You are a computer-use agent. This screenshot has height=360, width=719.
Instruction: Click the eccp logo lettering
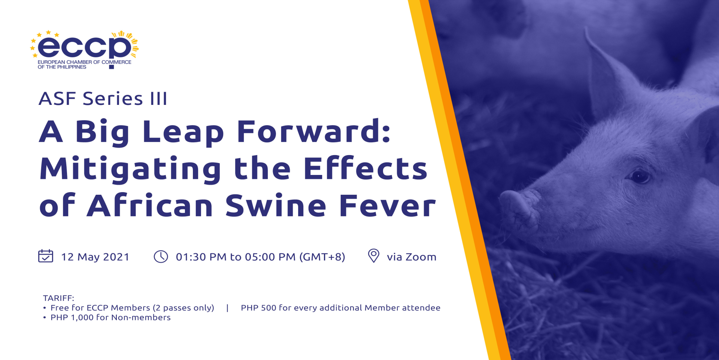(84, 47)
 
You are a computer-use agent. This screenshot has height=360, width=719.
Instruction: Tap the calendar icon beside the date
(46, 256)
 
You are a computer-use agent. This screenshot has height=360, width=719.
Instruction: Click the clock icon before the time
(161, 257)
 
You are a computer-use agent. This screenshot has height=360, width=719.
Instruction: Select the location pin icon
(373, 256)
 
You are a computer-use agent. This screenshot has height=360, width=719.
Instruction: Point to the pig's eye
(640, 176)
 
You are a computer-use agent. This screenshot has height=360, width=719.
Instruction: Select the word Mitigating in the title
(131, 169)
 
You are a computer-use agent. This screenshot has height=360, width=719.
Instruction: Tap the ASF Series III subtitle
(103, 99)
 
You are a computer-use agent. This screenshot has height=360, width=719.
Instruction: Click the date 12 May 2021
(95, 257)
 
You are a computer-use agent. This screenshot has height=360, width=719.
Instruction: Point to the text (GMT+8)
(322, 257)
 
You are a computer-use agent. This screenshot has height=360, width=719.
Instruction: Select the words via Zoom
(412, 257)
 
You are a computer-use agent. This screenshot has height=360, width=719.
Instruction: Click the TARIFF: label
(58, 298)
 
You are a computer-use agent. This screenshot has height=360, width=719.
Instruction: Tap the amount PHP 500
(258, 308)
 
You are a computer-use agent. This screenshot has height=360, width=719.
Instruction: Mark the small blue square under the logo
(111, 67)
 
